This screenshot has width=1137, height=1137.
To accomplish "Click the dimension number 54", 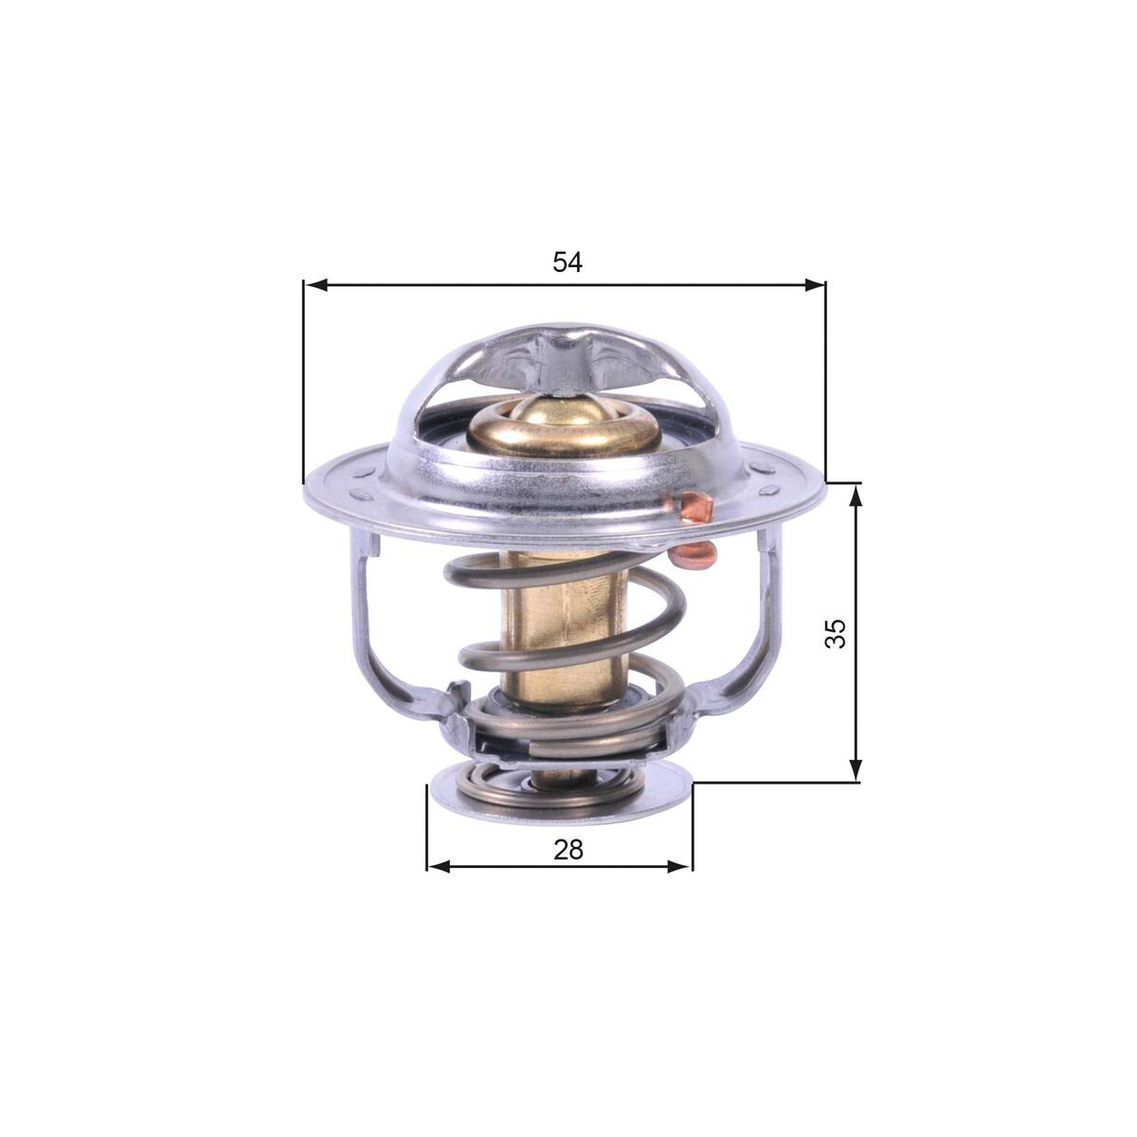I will (x=568, y=262).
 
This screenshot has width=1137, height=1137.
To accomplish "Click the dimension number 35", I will (x=835, y=633).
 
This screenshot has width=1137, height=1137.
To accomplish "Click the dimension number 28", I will (x=568, y=849).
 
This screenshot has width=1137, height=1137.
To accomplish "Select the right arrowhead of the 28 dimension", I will (x=681, y=866).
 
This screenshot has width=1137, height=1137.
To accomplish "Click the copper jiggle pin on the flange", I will (x=695, y=512).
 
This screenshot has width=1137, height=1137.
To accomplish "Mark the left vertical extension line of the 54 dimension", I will (x=303, y=379).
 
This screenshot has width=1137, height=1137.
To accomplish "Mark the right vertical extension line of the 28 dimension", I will (x=693, y=824).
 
